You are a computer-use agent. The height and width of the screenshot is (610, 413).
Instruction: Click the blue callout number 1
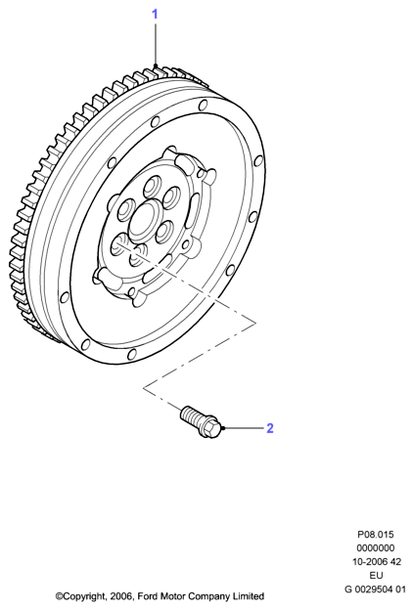155,15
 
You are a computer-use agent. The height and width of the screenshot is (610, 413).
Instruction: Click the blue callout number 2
270,428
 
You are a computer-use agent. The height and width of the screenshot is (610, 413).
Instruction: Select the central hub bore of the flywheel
144,220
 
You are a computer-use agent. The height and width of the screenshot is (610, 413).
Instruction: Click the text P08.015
376,535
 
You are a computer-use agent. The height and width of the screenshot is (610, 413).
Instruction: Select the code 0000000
376,548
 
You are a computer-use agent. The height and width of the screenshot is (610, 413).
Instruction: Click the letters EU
376,576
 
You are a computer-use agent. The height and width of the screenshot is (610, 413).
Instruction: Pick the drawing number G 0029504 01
375,589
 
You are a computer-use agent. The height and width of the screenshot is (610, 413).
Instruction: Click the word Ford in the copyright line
148,596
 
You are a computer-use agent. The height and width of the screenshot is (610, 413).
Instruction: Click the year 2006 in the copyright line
121,596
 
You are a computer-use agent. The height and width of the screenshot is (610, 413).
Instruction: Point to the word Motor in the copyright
173,596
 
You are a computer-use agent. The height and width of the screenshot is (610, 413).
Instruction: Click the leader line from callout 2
244,428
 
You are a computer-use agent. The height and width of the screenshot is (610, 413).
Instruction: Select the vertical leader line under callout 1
155,45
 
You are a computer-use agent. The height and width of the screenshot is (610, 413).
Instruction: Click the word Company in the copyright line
209,596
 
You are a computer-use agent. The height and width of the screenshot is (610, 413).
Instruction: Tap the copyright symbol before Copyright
59,596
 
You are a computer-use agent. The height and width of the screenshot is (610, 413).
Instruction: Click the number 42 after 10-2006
395,562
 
